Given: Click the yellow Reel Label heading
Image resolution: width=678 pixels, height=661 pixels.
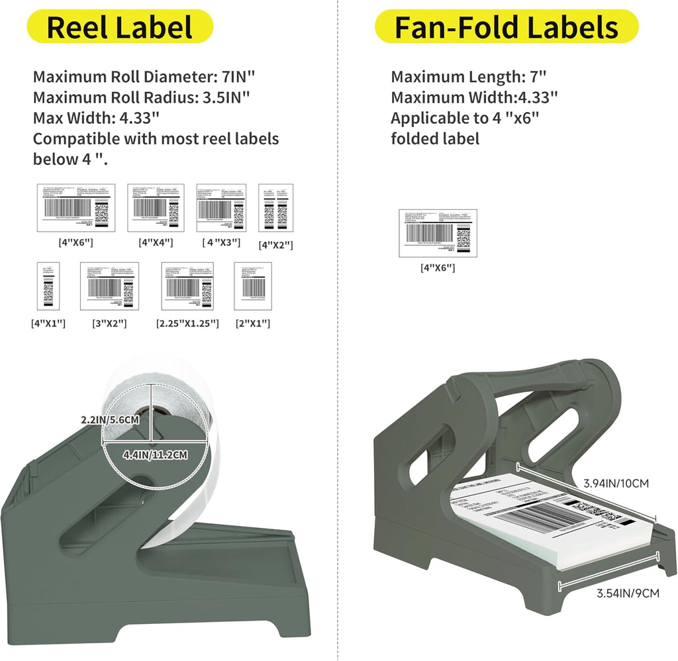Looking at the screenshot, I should (x=120, y=27).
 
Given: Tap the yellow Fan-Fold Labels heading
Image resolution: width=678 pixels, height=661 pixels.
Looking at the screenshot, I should (x=507, y=27).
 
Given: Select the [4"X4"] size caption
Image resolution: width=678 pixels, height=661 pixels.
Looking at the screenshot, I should (x=156, y=242).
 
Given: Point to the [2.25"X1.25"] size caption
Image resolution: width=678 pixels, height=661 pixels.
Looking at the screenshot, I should (x=187, y=324).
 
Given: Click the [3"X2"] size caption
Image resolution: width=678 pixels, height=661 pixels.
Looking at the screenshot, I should (x=109, y=324).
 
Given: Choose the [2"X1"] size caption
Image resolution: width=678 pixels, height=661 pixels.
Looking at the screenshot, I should (x=253, y=324).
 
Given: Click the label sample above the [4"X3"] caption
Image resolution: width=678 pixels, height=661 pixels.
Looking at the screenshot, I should (x=221, y=207).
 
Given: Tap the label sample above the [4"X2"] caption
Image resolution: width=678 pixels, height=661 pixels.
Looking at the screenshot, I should (x=275, y=208).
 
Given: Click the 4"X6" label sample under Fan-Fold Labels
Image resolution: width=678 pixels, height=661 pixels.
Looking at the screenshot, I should (x=438, y=232).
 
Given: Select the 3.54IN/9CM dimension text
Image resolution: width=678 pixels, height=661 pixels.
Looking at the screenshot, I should (x=623, y=593).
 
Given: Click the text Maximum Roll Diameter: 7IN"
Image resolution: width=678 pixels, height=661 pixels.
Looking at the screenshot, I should (x=141, y=77).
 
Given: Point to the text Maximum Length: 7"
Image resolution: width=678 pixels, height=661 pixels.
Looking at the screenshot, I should (x=469, y=77).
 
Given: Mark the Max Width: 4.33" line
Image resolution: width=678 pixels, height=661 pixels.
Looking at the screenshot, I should (x=96, y=118).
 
